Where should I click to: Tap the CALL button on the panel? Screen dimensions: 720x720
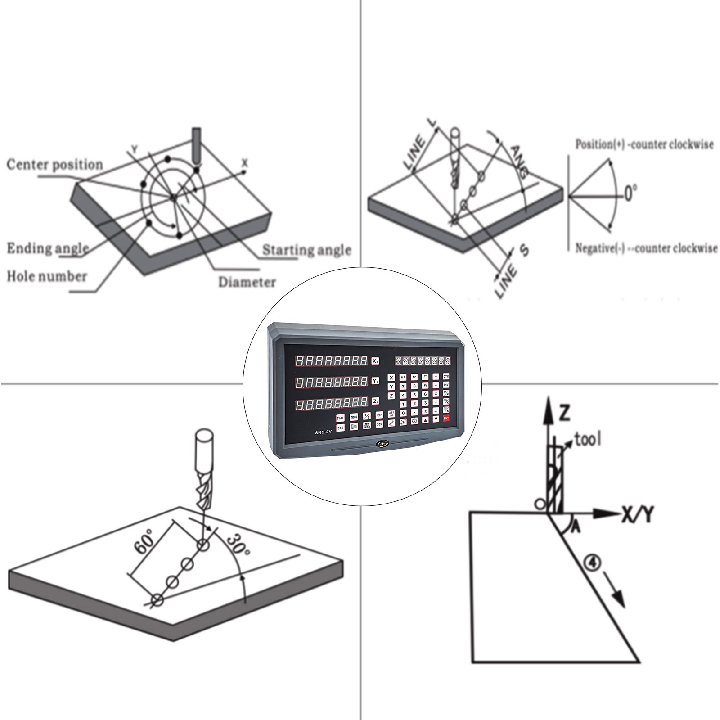pyautogui.click(x=340, y=418)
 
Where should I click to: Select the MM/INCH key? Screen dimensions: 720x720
pyautogui.click(x=367, y=425)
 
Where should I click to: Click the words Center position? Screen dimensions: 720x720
pyautogui.click(x=54, y=165)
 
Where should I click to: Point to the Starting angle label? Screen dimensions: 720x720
pyautogui.click(x=306, y=250)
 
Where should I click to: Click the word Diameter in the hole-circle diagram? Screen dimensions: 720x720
pyautogui.click(x=247, y=283)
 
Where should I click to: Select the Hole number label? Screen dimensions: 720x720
pyautogui.click(x=47, y=276)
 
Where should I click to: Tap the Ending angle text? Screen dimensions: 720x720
pyautogui.click(x=48, y=248)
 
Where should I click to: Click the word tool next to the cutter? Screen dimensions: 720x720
pyautogui.click(x=588, y=439)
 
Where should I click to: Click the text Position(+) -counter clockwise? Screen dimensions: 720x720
pyautogui.click(x=644, y=145)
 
